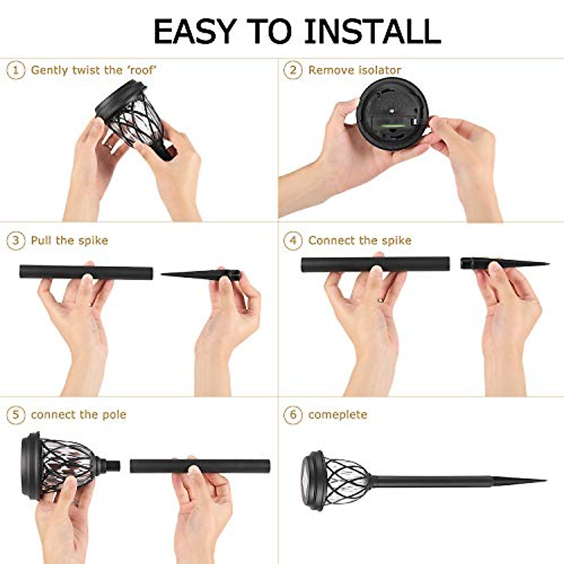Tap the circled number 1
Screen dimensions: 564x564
click(x=16, y=70)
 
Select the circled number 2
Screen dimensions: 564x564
click(x=293, y=70)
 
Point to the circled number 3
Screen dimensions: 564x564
click(x=16, y=241)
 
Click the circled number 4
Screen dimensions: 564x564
click(x=293, y=241)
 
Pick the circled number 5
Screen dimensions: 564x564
click(x=16, y=415)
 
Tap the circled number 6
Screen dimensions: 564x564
click(x=293, y=415)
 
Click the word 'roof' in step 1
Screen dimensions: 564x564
click(x=141, y=70)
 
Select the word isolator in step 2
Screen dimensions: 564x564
click(x=378, y=70)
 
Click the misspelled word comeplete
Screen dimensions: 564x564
click(x=337, y=415)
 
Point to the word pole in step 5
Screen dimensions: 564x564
click(x=114, y=415)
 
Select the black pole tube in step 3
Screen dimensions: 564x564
click(x=86, y=272)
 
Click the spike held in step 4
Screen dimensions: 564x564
click(x=503, y=263)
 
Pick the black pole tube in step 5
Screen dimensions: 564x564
click(x=200, y=466)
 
